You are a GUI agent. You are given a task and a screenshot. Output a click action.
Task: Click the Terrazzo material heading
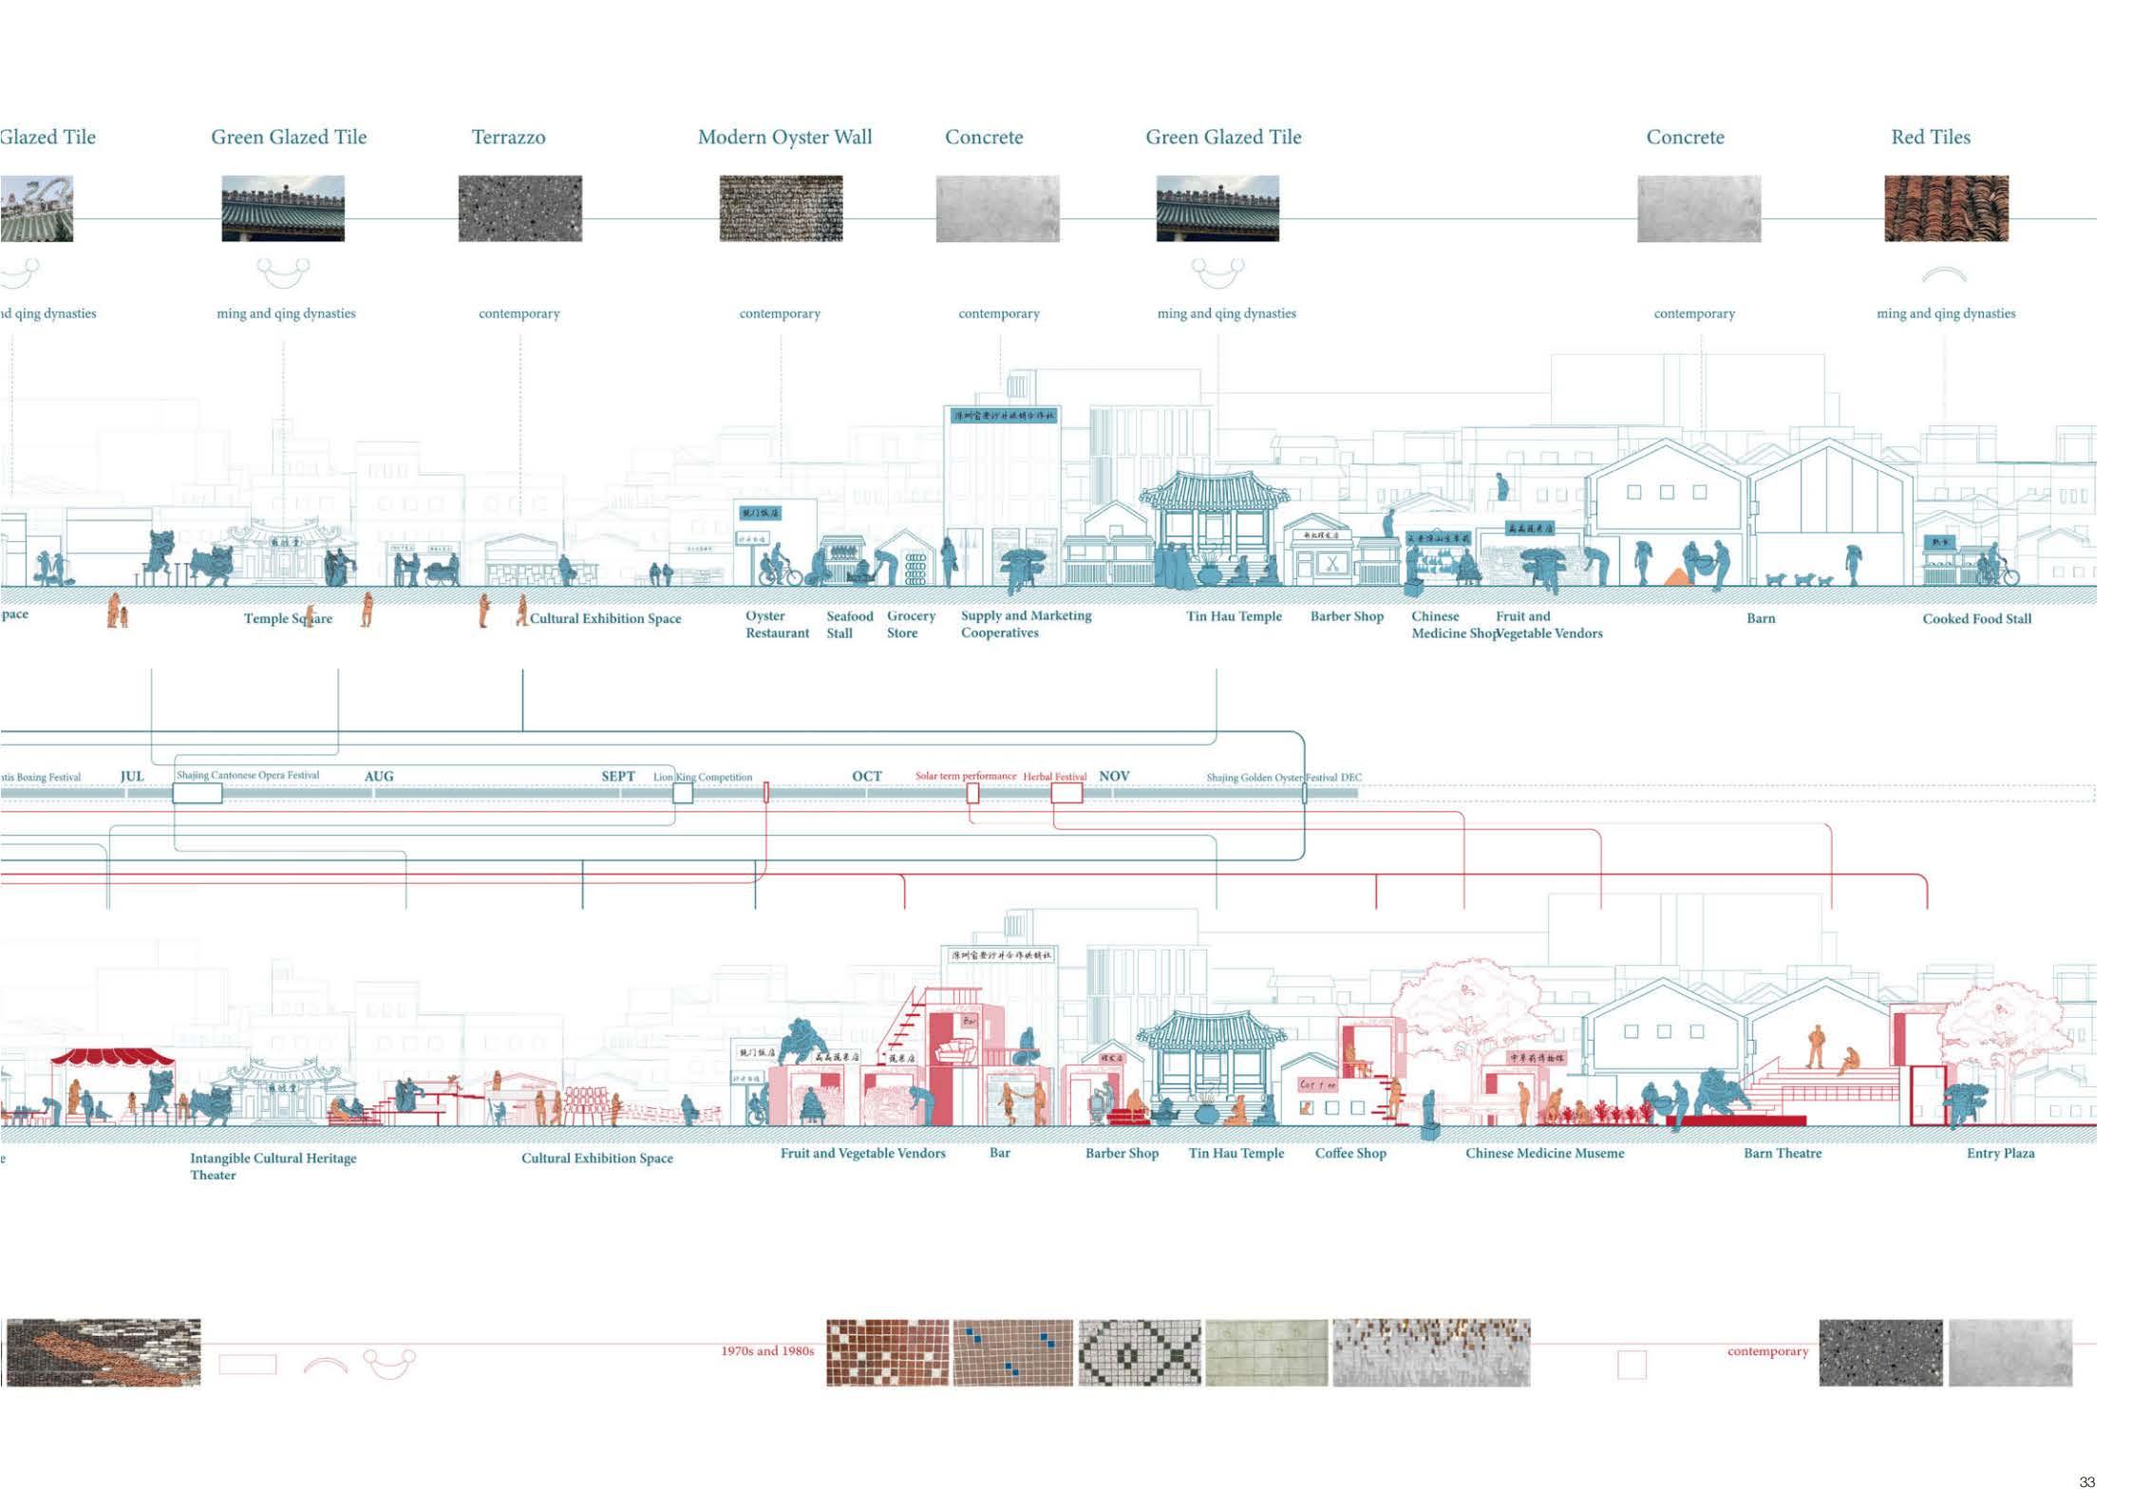[x=508, y=138]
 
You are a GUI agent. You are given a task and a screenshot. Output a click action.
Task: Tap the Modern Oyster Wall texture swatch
[x=781, y=208]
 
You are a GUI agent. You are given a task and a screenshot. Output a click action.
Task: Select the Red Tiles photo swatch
[x=1946, y=208]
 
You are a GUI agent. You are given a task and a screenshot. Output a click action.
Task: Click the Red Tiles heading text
[x=1930, y=138]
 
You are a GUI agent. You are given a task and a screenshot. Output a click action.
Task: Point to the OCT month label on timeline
[x=866, y=776]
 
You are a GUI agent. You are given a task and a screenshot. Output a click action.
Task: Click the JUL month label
[x=132, y=776]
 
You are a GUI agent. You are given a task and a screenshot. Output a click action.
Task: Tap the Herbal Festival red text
[x=1054, y=776]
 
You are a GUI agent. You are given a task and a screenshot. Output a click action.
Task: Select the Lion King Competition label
[x=702, y=777]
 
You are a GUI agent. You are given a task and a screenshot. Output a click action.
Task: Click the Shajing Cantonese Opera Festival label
[x=248, y=775]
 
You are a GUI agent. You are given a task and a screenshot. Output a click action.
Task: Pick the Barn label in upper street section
[x=1760, y=618]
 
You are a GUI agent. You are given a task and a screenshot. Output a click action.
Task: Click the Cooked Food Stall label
[x=1976, y=619]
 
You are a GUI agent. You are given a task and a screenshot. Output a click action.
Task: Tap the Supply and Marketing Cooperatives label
[x=1026, y=624]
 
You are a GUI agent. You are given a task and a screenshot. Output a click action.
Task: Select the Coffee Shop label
[x=1349, y=1153]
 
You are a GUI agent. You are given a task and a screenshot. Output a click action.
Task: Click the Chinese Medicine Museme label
[x=1544, y=1153]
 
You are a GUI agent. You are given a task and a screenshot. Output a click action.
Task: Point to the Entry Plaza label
[x=2000, y=1153]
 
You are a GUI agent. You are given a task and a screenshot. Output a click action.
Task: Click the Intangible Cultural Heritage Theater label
[x=273, y=1165]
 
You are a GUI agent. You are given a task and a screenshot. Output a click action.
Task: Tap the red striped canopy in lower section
[x=113, y=1056]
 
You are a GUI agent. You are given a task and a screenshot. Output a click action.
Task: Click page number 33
[x=2086, y=1481]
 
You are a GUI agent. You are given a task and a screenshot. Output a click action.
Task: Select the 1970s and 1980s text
[x=766, y=1350]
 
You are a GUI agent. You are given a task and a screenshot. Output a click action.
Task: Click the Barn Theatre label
[x=1782, y=1153]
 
